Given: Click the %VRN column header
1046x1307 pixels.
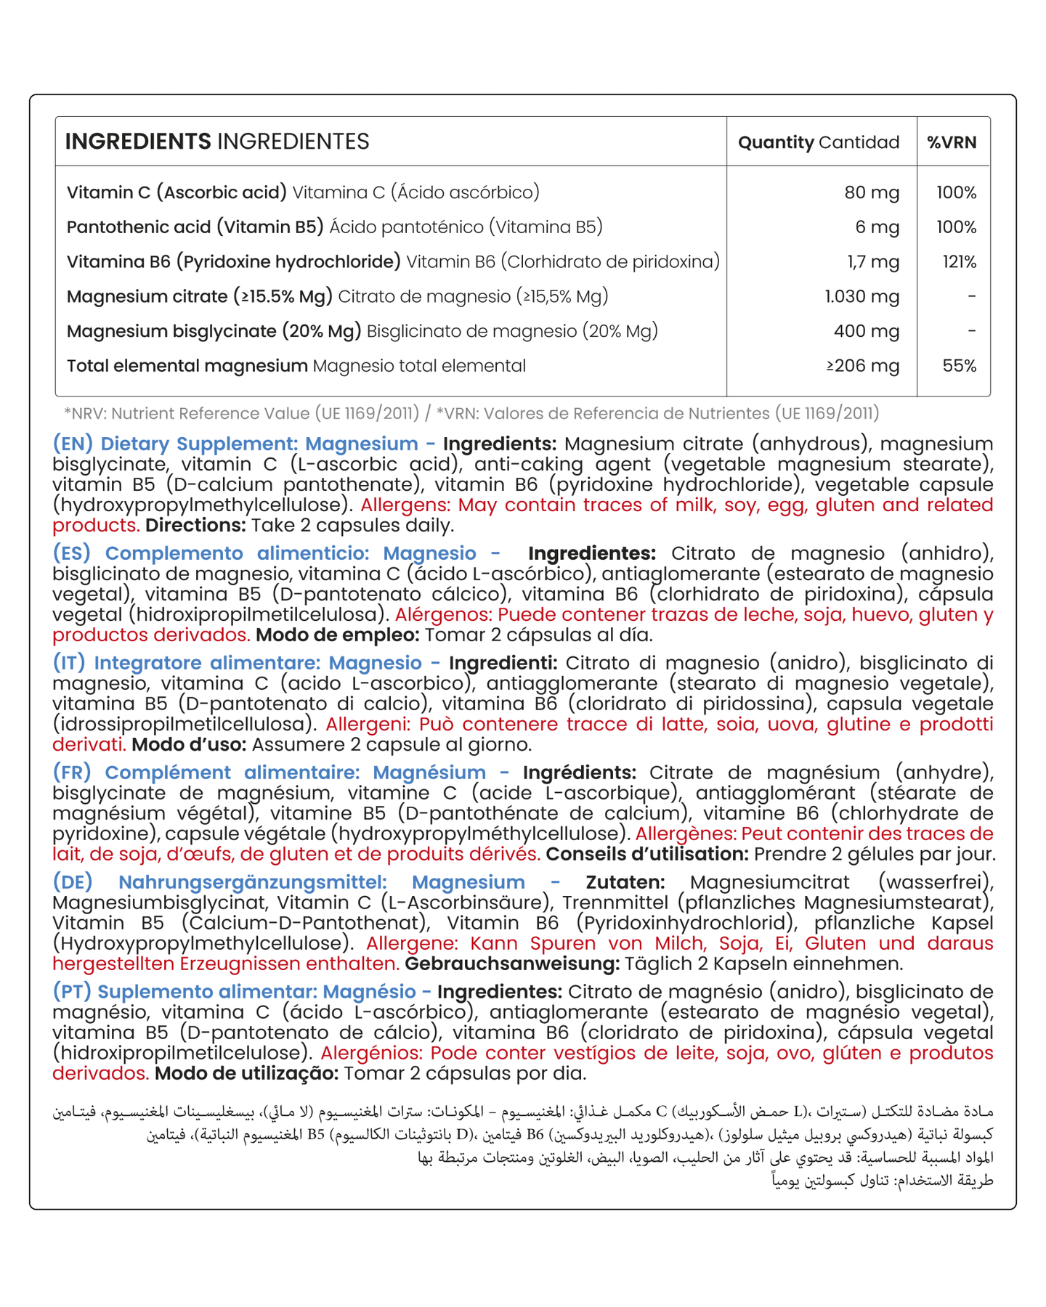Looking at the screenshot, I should click(x=952, y=142).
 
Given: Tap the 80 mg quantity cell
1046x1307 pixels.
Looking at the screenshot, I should click(x=872, y=192).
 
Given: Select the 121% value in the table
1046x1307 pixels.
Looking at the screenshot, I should click(x=959, y=262).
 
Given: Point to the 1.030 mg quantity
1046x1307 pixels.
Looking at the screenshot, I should click(x=861, y=296).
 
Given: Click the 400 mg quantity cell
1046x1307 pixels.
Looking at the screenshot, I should click(x=866, y=331).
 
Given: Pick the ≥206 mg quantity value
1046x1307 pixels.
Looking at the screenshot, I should click(x=862, y=366).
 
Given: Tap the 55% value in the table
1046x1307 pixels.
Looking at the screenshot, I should click(x=959, y=366).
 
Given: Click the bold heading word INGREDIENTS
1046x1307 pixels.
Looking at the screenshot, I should click(x=138, y=142).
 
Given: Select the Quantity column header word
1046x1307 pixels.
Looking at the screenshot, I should click(x=776, y=142).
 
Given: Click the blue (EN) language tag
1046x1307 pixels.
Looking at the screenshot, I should click(x=73, y=444).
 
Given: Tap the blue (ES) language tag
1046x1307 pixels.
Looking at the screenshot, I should click(x=71, y=553).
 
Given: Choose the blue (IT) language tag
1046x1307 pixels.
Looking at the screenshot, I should click(x=69, y=663).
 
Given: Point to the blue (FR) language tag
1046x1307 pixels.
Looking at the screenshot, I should click(x=71, y=773).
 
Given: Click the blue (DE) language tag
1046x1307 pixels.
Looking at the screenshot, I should click(x=73, y=882).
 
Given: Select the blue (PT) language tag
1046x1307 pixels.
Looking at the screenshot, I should click(x=71, y=992).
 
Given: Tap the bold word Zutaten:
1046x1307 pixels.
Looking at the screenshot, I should click(x=625, y=882).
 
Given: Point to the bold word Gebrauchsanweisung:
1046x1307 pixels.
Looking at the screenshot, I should click(x=512, y=964).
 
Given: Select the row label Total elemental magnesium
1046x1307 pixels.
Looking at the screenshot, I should click(x=187, y=366).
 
